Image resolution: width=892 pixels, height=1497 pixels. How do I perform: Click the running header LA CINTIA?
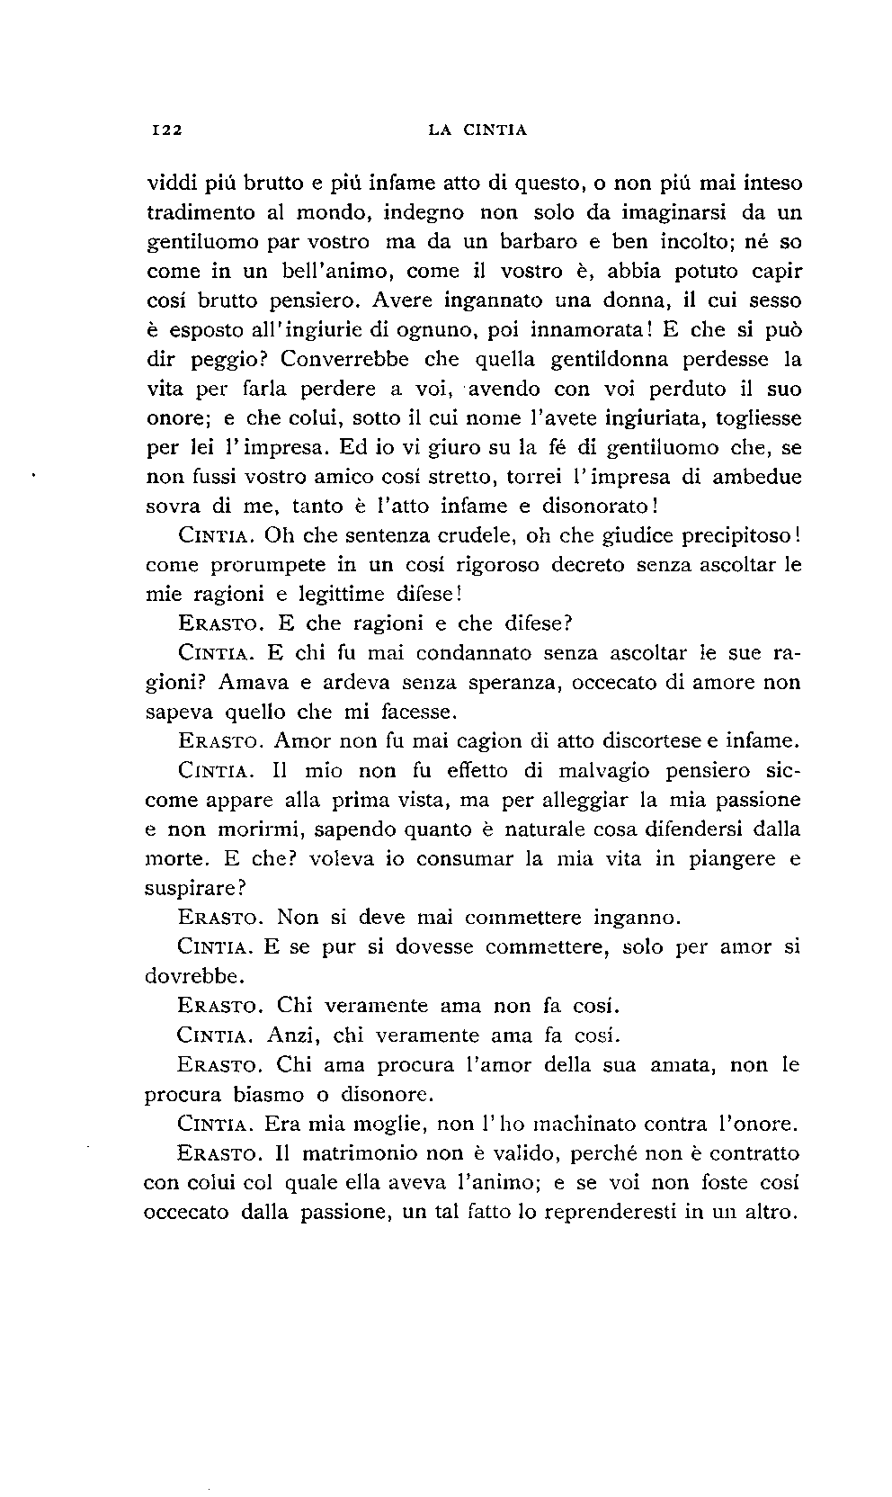click(x=477, y=130)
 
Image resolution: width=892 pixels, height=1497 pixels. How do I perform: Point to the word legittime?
click(x=349, y=595)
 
